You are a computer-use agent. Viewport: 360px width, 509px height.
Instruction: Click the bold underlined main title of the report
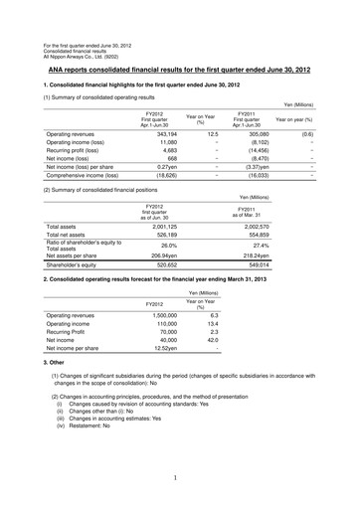click(x=179, y=45)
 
